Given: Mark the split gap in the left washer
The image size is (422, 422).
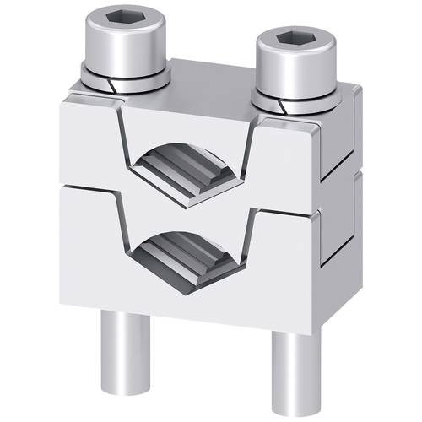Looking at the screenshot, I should [110, 84].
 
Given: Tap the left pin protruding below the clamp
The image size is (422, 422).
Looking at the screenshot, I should [117, 346].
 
